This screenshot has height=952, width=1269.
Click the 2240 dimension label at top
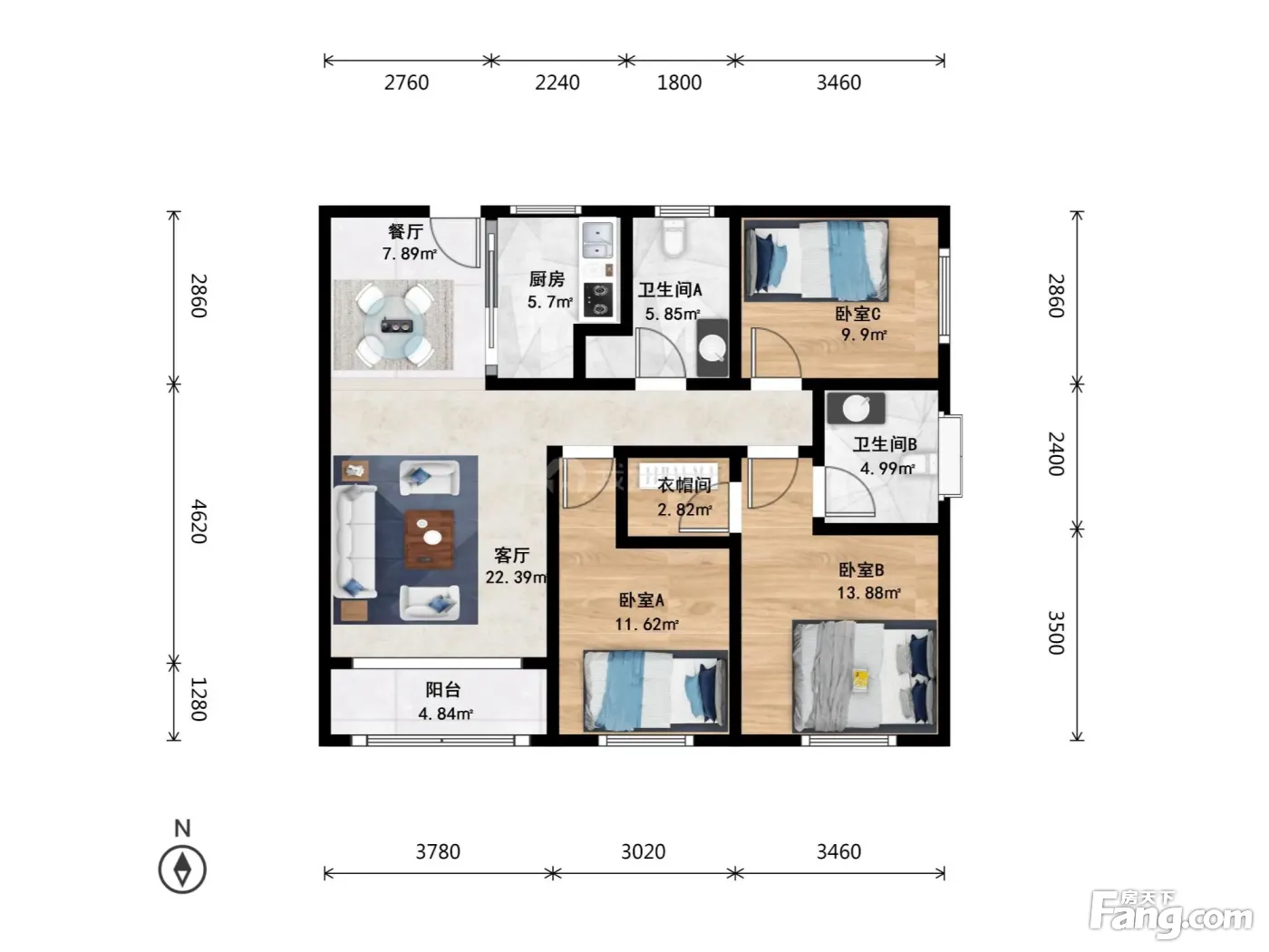click(557, 83)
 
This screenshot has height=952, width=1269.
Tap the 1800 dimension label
click(679, 83)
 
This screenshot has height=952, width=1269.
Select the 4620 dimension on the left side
click(199, 521)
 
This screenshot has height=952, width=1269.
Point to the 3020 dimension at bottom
click(643, 851)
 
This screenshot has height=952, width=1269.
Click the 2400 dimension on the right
click(1056, 453)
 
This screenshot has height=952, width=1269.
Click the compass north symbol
click(182, 869)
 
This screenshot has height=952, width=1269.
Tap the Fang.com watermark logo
click(1171, 915)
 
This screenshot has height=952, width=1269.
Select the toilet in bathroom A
click(673, 238)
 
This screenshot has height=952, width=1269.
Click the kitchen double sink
click(597, 240)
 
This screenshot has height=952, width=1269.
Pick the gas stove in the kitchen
click(597, 299)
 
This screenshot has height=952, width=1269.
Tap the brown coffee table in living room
click(429, 539)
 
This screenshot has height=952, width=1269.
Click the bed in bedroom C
click(817, 261)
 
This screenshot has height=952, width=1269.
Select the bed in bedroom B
click(865, 675)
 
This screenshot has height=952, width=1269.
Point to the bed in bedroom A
click(655, 691)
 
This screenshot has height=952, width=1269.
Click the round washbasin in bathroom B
click(857, 409)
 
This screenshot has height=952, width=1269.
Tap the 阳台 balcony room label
click(443, 690)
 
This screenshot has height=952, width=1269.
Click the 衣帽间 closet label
click(684, 485)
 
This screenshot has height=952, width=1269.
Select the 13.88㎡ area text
click(868, 592)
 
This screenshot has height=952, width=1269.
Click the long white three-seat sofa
click(355, 541)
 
